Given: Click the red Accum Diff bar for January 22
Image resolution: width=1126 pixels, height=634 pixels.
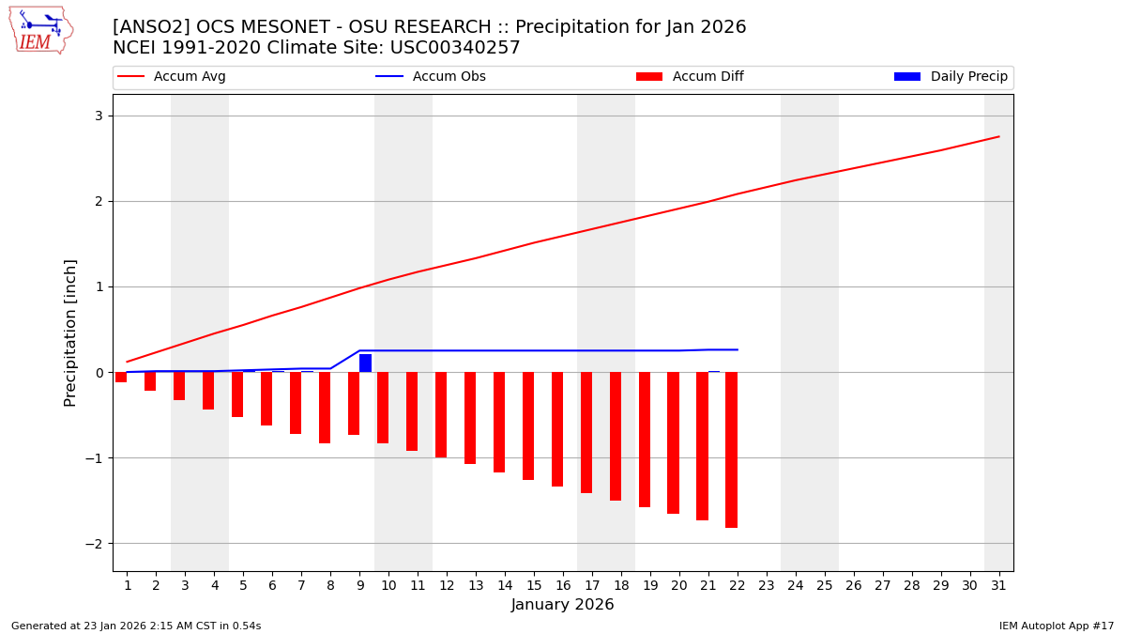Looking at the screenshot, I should point(731,449).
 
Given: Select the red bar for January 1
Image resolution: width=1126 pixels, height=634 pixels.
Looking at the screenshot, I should point(121,377).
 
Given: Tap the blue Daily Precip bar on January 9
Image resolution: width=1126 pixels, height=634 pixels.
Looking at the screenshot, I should point(365,363).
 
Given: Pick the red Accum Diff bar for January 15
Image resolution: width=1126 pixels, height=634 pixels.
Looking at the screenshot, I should point(528,425).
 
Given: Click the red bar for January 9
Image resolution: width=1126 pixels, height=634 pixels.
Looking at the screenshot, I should point(354,403).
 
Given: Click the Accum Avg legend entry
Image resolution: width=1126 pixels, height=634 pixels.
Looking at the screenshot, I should point(173,77).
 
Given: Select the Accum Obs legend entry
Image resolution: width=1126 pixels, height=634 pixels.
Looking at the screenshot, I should point(432,77).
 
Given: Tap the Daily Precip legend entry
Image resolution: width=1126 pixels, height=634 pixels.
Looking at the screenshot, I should point(951,77).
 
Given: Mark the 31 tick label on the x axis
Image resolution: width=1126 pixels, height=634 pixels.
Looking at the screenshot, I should point(998,585).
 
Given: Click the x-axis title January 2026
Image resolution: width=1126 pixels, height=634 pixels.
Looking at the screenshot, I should point(563,605).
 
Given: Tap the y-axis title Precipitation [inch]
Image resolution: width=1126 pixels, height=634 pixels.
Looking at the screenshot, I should point(70,332).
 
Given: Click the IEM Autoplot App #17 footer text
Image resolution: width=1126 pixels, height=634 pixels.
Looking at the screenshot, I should point(1057,626).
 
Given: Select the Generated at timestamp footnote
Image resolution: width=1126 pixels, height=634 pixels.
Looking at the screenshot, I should point(136,626).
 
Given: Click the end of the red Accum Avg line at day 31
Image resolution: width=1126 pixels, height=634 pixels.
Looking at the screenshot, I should point(998,137).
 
